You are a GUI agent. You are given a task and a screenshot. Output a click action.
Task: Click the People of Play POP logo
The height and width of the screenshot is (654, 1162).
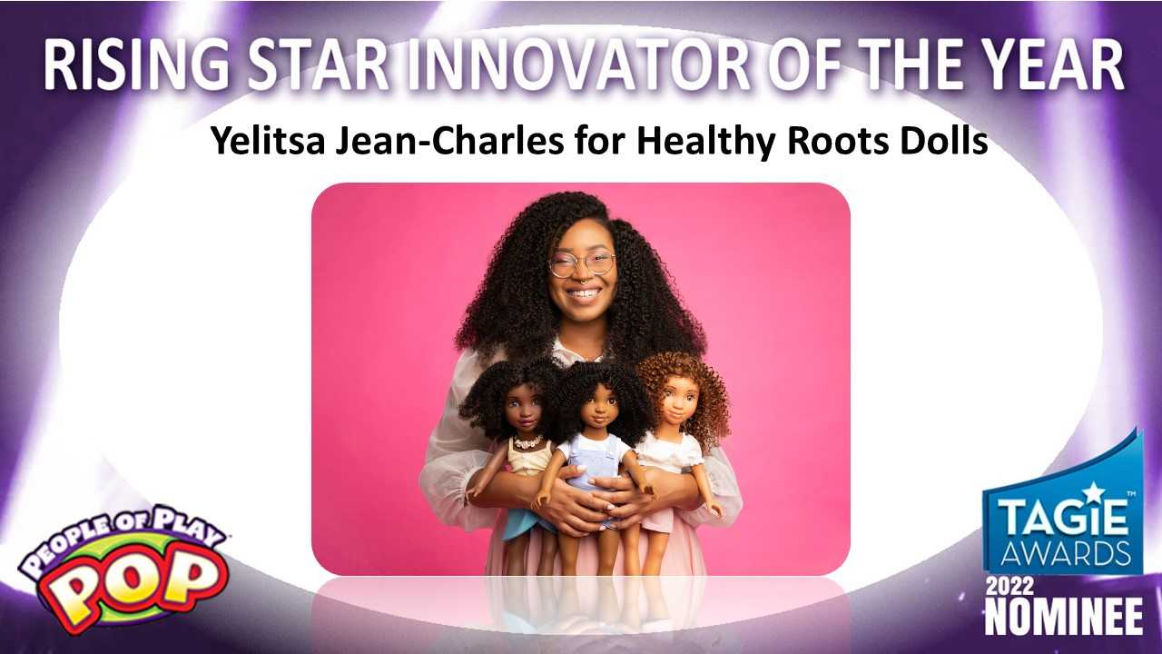123,569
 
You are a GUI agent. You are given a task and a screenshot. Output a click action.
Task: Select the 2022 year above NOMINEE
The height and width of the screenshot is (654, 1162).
1009,587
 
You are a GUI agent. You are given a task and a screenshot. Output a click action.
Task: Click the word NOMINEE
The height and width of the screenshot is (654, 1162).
1063,616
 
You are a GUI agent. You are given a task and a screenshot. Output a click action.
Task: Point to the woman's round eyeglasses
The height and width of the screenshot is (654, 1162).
582,263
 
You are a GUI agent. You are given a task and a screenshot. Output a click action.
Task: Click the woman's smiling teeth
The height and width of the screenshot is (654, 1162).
584,294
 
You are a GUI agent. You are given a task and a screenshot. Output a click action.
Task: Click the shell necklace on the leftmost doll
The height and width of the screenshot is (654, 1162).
528,442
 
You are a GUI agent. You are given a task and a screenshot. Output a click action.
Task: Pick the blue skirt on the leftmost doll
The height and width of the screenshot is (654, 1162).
527,520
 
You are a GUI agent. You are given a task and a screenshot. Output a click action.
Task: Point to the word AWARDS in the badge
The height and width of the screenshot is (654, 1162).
1066,553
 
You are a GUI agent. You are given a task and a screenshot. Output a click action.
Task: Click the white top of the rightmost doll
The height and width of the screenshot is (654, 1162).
670,452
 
